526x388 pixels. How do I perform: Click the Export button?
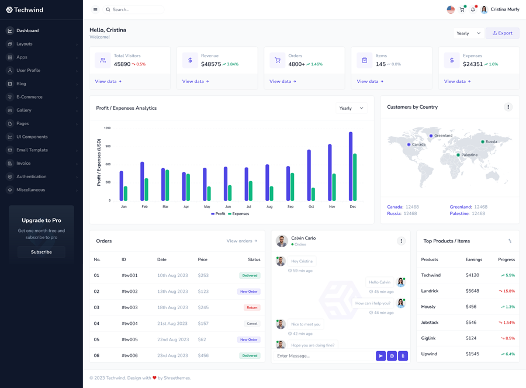coord(502,33)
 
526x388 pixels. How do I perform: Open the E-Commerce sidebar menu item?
coord(29,97)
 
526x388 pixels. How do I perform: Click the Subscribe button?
coord(41,252)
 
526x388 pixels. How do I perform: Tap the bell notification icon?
coord(473,9)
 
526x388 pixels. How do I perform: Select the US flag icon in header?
coord(451,9)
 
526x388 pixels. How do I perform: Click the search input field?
coord(134,9)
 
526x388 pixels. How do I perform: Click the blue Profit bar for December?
coord(351,167)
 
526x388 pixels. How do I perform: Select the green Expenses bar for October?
coord(313,194)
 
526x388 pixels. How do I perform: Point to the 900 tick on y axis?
coord(107,146)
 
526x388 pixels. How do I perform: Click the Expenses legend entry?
coord(238,214)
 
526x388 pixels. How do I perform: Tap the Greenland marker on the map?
coord(431,136)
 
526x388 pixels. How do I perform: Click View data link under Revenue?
coord(195,82)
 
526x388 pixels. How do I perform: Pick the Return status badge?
coord(252,307)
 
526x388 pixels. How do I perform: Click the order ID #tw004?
coord(129,323)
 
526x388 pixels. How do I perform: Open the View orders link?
coord(241,241)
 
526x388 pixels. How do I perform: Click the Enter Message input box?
coord(323,356)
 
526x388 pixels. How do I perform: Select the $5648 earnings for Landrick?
coord(472,291)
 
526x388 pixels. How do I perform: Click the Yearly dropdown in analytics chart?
coord(351,108)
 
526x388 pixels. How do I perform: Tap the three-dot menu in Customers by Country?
coord(508,107)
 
